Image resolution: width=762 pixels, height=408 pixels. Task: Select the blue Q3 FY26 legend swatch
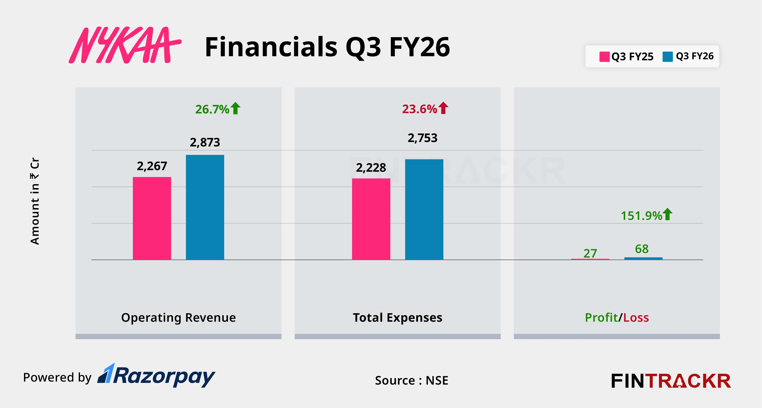click(x=667, y=57)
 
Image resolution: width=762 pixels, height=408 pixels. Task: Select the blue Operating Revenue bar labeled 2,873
click(x=205, y=207)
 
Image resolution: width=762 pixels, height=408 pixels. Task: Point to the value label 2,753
click(x=422, y=138)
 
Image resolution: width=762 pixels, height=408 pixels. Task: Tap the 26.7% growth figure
click(x=212, y=109)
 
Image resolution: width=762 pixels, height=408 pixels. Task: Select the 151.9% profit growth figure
click(x=641, y=216)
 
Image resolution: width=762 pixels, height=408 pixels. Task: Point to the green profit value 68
click(x=642, y=249)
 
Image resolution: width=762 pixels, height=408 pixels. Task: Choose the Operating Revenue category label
click(x=178, y=317)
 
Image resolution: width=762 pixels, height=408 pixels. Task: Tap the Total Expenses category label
click(x=398, y=317)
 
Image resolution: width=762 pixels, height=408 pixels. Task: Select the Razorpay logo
click(x=156, y=376)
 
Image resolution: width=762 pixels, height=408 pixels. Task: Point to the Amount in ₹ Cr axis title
click(x=35, y=201)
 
